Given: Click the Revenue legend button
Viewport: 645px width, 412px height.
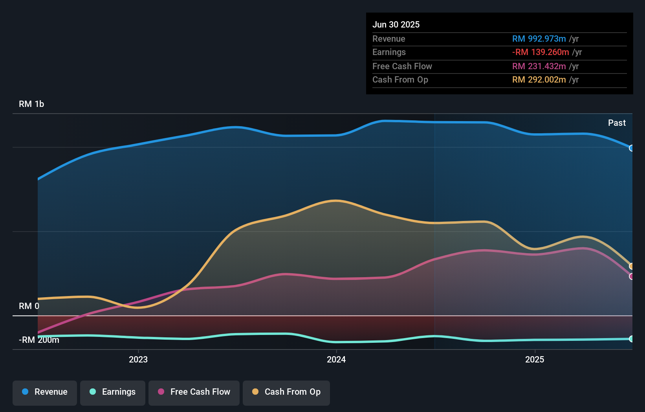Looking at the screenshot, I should (45, 392).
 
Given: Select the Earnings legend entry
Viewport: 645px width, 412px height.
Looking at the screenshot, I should (113, 392).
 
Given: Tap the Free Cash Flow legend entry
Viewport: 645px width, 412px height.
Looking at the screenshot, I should (194, 392).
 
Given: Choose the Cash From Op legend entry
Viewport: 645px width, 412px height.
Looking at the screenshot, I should (286, 392).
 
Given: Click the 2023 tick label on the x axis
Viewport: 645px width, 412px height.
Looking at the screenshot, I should (138, 359).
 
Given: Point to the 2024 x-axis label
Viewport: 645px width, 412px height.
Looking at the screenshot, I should (336, 359).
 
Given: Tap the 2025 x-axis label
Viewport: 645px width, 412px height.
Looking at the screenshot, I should (535, 359).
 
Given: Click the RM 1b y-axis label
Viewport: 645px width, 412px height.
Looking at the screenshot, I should (31, 104).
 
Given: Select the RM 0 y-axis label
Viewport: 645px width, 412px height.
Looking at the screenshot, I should (29, 306).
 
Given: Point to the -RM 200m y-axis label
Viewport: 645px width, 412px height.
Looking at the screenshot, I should (39, 340).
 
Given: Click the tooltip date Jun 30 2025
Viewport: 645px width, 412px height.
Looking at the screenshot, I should (396, 25).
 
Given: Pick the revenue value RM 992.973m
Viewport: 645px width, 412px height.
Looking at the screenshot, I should (539, 39).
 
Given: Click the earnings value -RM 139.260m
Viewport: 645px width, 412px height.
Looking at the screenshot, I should (541, 52).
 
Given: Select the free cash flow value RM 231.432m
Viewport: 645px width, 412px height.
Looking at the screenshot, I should (539, 66).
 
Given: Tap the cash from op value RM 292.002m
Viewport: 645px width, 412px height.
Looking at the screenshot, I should (539, 80).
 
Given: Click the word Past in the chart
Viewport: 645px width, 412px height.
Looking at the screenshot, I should (617, 123).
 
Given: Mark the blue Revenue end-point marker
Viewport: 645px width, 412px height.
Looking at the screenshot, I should (631, 148).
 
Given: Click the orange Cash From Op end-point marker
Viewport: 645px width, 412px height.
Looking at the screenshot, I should (631, 266).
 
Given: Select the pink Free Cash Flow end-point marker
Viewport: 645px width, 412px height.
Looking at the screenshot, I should (631, 276).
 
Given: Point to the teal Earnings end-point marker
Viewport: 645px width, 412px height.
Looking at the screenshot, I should (631, 339).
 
